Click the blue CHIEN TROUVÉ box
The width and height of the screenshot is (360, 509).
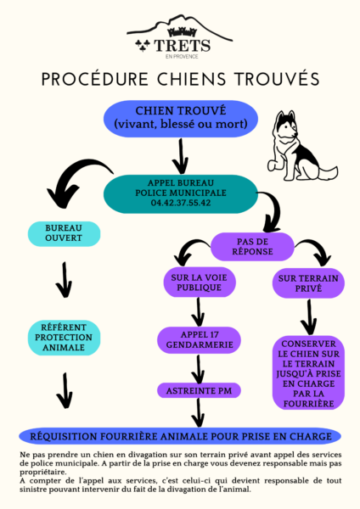(181, 119)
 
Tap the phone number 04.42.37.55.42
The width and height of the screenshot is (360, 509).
(181, 203)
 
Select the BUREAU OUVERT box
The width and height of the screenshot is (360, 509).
(64, 233)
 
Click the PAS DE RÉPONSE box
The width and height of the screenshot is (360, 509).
(252, 247)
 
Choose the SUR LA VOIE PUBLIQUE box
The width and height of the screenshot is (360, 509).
(200, 282)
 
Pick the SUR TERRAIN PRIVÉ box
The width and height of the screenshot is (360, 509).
(308, 283)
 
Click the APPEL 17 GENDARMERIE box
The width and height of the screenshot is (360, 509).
(200, 340)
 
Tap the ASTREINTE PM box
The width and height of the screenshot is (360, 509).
(200, 390)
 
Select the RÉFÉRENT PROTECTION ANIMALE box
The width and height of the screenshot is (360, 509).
(64, 338)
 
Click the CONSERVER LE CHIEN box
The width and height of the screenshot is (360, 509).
(308, 373)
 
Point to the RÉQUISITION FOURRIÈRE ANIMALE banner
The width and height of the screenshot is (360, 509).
(180, 436)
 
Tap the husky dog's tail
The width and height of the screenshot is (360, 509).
(327, 173)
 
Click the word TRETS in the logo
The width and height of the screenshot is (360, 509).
(182, 46)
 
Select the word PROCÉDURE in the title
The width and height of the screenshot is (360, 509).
(95, 79)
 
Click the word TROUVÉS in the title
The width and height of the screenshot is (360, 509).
(277, 79)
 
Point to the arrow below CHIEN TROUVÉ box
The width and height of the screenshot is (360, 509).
(181, 156)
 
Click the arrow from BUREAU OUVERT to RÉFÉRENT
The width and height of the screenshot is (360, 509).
(64, 279)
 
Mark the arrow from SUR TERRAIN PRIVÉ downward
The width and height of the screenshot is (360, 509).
(309, 316)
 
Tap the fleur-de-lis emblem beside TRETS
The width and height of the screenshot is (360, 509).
(143, 46)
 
